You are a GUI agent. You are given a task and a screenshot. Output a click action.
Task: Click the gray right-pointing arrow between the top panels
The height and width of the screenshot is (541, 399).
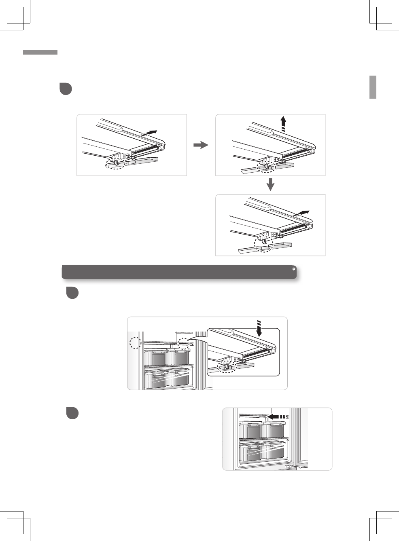(201, 145)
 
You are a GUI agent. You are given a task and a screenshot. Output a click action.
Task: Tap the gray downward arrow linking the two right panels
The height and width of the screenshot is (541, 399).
(271, 184)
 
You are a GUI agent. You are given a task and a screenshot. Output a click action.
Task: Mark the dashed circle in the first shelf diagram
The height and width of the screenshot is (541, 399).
(115, 163)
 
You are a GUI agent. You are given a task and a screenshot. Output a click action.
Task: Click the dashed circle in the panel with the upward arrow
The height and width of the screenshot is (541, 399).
(267, 166)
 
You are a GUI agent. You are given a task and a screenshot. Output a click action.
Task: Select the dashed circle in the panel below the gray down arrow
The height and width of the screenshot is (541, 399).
(264, 243)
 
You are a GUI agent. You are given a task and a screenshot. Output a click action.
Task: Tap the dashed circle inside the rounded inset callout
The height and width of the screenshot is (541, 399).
(227, 366)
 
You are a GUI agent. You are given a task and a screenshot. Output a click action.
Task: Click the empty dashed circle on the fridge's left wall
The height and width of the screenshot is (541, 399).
(135, 342)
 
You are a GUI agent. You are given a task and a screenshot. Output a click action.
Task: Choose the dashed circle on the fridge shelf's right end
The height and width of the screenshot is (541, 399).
(184, 344)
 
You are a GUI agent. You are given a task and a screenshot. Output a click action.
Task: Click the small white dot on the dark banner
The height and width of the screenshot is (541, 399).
(293, 268)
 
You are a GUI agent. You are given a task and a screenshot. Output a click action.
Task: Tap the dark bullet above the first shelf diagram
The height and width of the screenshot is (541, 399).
(66, 89)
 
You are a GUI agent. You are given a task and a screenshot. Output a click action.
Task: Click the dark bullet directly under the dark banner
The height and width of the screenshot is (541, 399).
(72, 293)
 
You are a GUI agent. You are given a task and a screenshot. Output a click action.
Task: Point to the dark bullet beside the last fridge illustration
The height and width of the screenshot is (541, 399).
(72, 413)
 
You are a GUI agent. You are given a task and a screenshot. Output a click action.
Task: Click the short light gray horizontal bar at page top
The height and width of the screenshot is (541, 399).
(40, 52)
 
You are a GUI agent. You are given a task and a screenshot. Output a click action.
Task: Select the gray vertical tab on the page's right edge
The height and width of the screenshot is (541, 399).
(373, 87)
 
